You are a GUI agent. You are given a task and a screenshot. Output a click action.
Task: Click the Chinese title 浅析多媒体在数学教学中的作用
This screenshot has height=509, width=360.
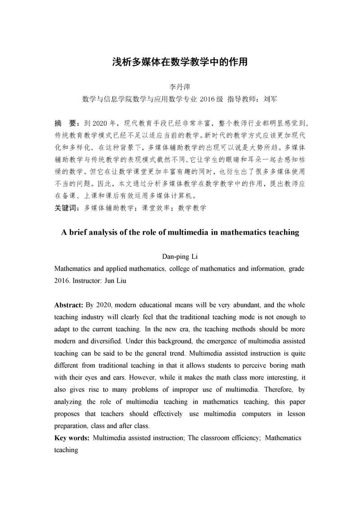pyautogui.click(x=180, y=62)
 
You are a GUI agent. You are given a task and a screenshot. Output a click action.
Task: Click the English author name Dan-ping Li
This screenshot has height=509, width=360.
pyautogui.click(x=180, y=257)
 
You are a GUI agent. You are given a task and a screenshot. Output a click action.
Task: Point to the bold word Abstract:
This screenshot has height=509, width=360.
pyautogui.click(x=67, y=305)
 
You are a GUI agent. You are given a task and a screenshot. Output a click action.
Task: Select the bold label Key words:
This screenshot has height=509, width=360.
pyautogui.click(x=72, y=438)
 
